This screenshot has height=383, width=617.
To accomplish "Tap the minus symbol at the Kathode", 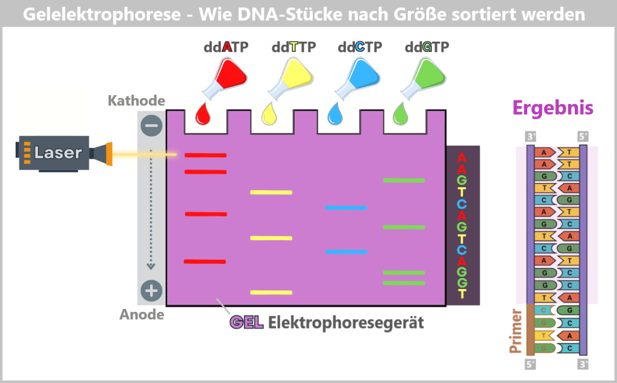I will point(151,126).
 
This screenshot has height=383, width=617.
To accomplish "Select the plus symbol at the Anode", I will point(151,291).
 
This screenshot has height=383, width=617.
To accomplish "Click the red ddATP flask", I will point(225,78).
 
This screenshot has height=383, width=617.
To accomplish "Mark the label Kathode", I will point(136,101).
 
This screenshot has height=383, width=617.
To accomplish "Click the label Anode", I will point(142,314).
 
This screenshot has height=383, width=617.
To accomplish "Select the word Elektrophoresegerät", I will point(346,323).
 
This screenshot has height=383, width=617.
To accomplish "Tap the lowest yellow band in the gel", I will point(271,293).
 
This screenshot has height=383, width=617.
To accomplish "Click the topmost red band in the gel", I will point(205,155).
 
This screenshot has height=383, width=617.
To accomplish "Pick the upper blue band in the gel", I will point(345,208).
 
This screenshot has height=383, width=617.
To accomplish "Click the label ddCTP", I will point(360,47).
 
